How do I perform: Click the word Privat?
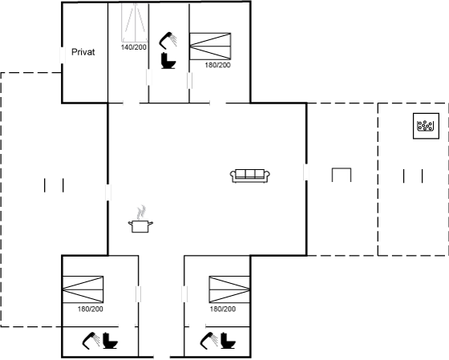83,52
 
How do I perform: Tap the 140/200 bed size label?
134,47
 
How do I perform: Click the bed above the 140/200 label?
135,22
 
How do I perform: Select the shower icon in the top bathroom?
168,41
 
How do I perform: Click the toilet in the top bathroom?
168,60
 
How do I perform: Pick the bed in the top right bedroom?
210,47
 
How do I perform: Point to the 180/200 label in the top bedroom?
217,65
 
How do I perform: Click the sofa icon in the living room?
250,176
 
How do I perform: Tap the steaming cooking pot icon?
140,220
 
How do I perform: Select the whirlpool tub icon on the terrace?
426,126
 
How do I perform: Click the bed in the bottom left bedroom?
83,289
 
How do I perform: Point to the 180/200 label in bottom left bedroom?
90,309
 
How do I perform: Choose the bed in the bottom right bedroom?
229,289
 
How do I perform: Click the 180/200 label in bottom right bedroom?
223,309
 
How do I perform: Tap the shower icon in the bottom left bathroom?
91,341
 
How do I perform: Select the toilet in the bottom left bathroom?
111,341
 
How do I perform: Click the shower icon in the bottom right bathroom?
209,341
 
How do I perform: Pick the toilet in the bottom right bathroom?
229,341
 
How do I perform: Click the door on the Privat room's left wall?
63,55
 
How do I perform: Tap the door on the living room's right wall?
306,172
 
